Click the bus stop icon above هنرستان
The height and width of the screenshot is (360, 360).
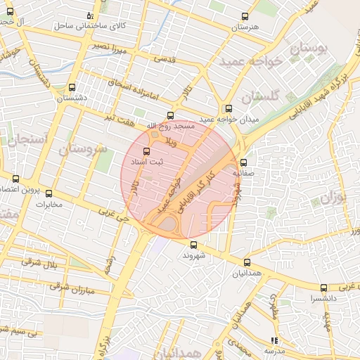pos(245,16)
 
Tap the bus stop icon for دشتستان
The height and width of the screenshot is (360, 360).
pos(71,88)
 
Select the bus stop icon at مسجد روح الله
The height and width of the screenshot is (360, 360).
pos(169,115)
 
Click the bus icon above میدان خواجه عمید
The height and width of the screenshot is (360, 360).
pos(228,109)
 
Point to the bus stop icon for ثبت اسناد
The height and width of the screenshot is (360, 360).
pos(146,151)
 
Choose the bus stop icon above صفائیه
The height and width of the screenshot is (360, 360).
pos(243,163)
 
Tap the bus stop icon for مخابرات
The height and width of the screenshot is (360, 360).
pos(49,193)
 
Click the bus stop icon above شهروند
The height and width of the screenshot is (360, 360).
pos(193,245)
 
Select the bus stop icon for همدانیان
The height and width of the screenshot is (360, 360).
pos(245,262)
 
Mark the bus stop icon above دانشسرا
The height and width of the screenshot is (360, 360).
pos(323,288)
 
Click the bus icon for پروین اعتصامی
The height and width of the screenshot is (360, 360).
pos(15,179)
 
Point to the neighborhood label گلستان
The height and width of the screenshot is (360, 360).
pos(260,95)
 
